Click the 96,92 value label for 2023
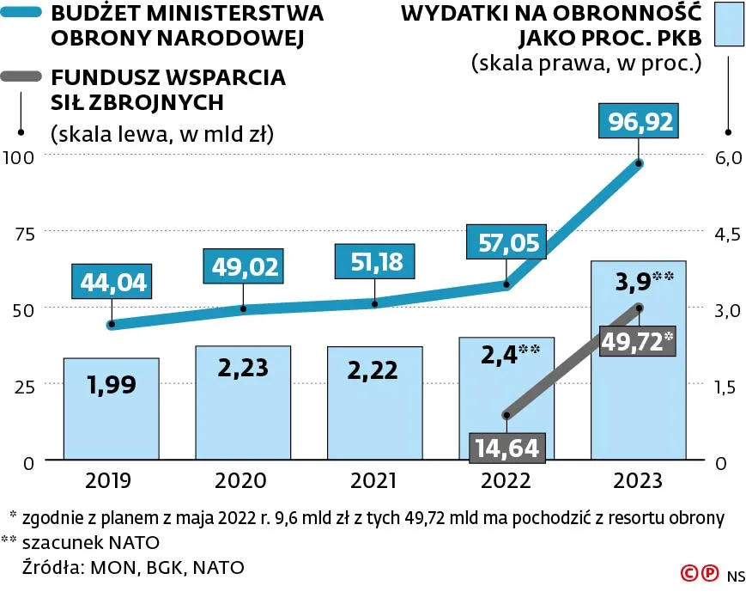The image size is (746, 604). (x=640, y=122)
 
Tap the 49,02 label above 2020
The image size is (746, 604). (x=245, y=266)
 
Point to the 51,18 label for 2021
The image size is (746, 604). (x=376, y=261)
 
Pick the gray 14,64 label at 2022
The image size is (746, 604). (x=507, y=448)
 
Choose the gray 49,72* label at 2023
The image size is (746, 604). (x=638, y=341)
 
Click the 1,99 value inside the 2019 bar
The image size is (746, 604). (x=111, y=384)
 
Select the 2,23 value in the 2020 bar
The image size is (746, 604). (x=243, y=368)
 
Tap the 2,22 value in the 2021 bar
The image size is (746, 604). (x=374, y=369)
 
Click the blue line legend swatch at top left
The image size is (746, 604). (x=21, y=14)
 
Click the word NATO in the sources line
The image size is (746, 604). (x=218, y=567)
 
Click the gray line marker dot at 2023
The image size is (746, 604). (x=639, y=308)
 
